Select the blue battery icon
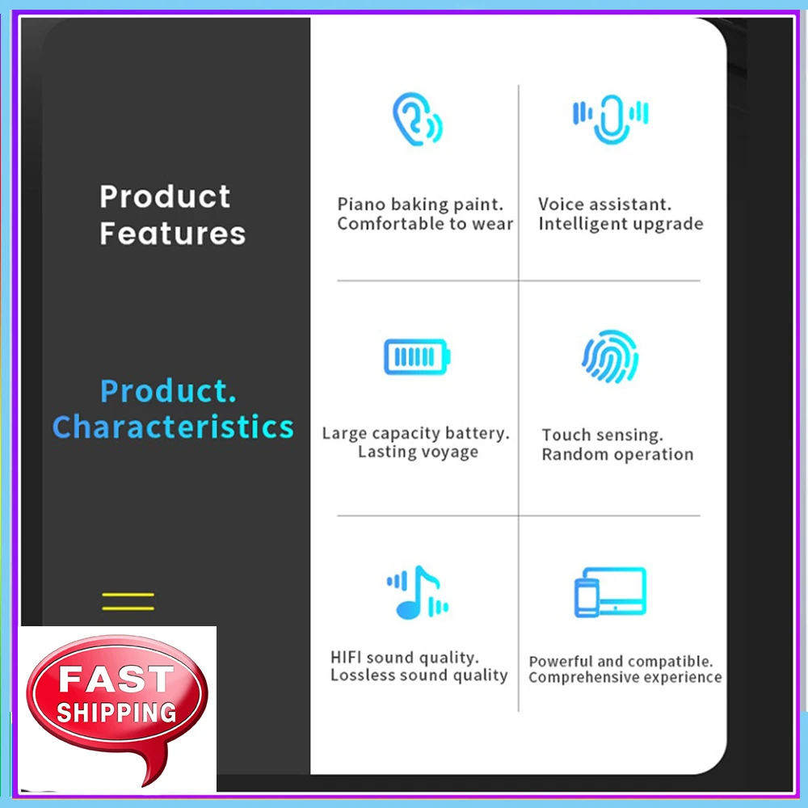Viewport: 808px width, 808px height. [x=417, y=357]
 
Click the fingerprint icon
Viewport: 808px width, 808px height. [x=610, y=356]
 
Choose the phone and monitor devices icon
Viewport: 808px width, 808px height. [x=610, y=592]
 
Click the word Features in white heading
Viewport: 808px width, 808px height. [x=172, y=234]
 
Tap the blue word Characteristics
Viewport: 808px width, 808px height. [x=172, y=427]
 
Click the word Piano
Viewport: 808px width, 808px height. [x=361, y=204]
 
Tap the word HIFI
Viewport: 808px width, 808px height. [x=347, y=657]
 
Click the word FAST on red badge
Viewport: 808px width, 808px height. [x=116, y=680]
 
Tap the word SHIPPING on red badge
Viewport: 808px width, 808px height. [x=116, y=712]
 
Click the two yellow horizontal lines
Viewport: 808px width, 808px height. [x=128, y=601]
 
